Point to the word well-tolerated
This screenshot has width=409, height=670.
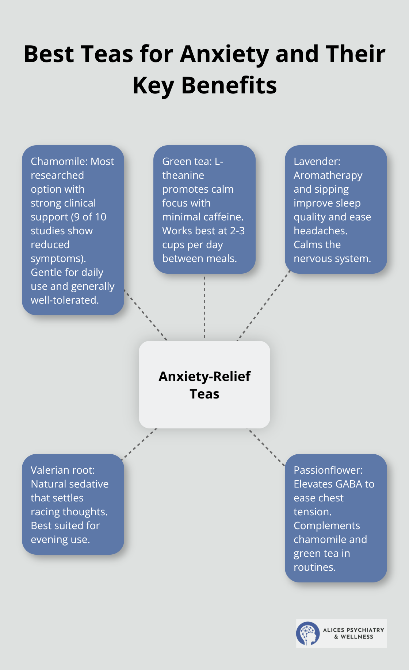click(65, 300)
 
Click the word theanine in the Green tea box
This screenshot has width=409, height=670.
click(183, 175)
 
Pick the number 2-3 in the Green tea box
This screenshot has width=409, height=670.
click(237, 231)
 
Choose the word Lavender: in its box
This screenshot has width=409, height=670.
click(317, 161)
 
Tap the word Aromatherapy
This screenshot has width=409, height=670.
click(328, 176)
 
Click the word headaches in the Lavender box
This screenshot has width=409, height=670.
click(320, 231)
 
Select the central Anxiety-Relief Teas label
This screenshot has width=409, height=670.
click(204, 385)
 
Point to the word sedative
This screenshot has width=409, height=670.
click(88, 484)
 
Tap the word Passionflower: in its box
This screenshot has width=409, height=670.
click(328, 470)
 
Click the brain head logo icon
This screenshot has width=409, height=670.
click(308, 634)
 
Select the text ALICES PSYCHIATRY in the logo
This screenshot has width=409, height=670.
click(353, 630)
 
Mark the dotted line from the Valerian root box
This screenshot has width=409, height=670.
click(139, 443)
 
